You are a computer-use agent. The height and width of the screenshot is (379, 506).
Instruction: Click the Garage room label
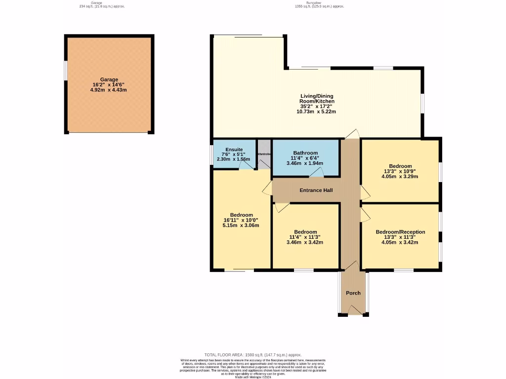pos(109,79)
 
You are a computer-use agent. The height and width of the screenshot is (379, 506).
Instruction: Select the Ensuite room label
pos(234,150)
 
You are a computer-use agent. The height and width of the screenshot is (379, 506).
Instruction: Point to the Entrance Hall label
pos(316,190)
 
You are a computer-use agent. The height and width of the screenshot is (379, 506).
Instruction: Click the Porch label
pos(353,293)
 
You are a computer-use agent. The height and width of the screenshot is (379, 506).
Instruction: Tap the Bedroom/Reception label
pos(400,232)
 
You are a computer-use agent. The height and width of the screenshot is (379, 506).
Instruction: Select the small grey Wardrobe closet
pos(264,154)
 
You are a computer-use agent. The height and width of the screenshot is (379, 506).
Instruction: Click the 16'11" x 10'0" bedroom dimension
pos(241,220)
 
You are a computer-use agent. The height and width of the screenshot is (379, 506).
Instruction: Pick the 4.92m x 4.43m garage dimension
pos(109,90)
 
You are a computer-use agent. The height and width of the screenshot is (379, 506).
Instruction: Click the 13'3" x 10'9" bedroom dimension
pos(400,171)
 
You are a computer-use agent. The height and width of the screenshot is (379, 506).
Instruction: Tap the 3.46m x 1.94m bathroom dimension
pos(305,163)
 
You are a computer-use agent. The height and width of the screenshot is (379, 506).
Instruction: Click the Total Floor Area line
pos(253,355)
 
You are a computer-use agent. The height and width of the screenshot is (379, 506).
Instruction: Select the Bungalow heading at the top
pos(318,2)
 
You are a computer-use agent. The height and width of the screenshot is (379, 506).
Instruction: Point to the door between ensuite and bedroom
pos(245,167)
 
